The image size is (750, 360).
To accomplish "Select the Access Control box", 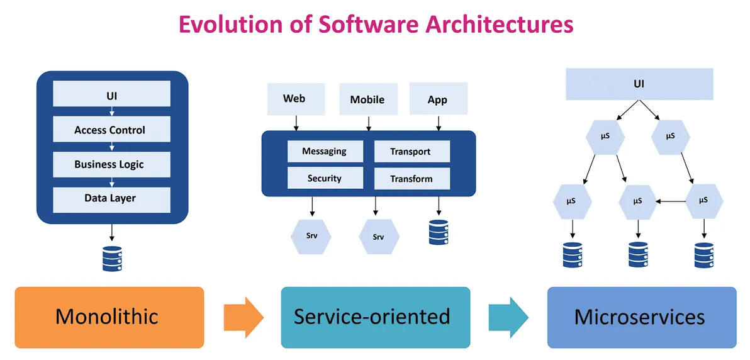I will (x=111, y=130).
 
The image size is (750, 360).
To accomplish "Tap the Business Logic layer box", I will (x=111, y=164).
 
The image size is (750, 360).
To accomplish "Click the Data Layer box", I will (x=111, y=199).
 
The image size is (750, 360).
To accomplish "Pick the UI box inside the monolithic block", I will (x=111, y=96).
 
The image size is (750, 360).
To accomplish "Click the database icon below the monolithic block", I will (x=111, y=259).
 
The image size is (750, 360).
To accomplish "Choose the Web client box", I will (x=294, y=99).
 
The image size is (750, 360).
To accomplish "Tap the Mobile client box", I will (x=367, y=99).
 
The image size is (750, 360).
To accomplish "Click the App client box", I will (x=437, y=99).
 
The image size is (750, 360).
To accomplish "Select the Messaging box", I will (x=325, y=151).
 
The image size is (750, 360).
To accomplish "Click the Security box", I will (x=325, y=178).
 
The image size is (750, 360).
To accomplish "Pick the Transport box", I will (x=411, y=151).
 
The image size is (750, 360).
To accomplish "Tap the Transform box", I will (x=411, y=179).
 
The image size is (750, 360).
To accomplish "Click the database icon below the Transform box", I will (x=438, y=232).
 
